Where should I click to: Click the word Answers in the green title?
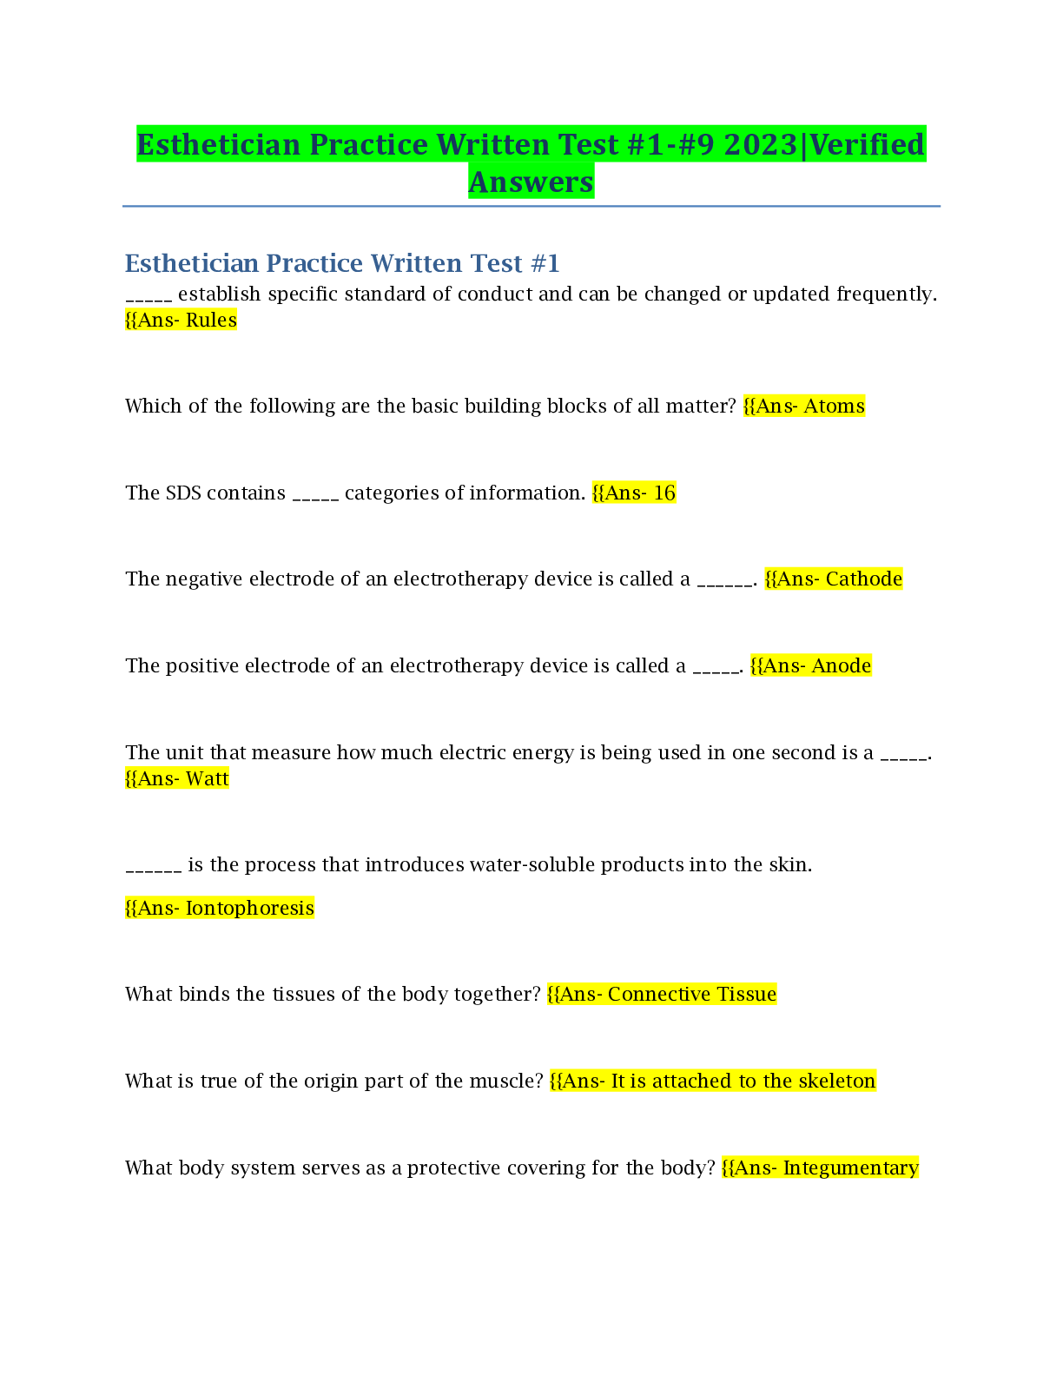[x=531, y=182]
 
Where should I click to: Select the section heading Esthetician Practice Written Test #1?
[x=342, y=262]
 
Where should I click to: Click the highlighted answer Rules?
[x=211, y=321]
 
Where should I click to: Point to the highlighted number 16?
[x=664, y=493]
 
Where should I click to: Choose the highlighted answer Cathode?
[x=863, y=579]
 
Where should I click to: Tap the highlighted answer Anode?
[x=841, y=666]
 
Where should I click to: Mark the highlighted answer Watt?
[x=207, y=779]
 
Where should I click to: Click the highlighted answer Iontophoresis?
[x=249, y=909]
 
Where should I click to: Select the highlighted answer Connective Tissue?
[x=691, y=995]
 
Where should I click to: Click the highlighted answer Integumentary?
[x=850, y=1168]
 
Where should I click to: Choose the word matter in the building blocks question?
[x=698, y=407]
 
